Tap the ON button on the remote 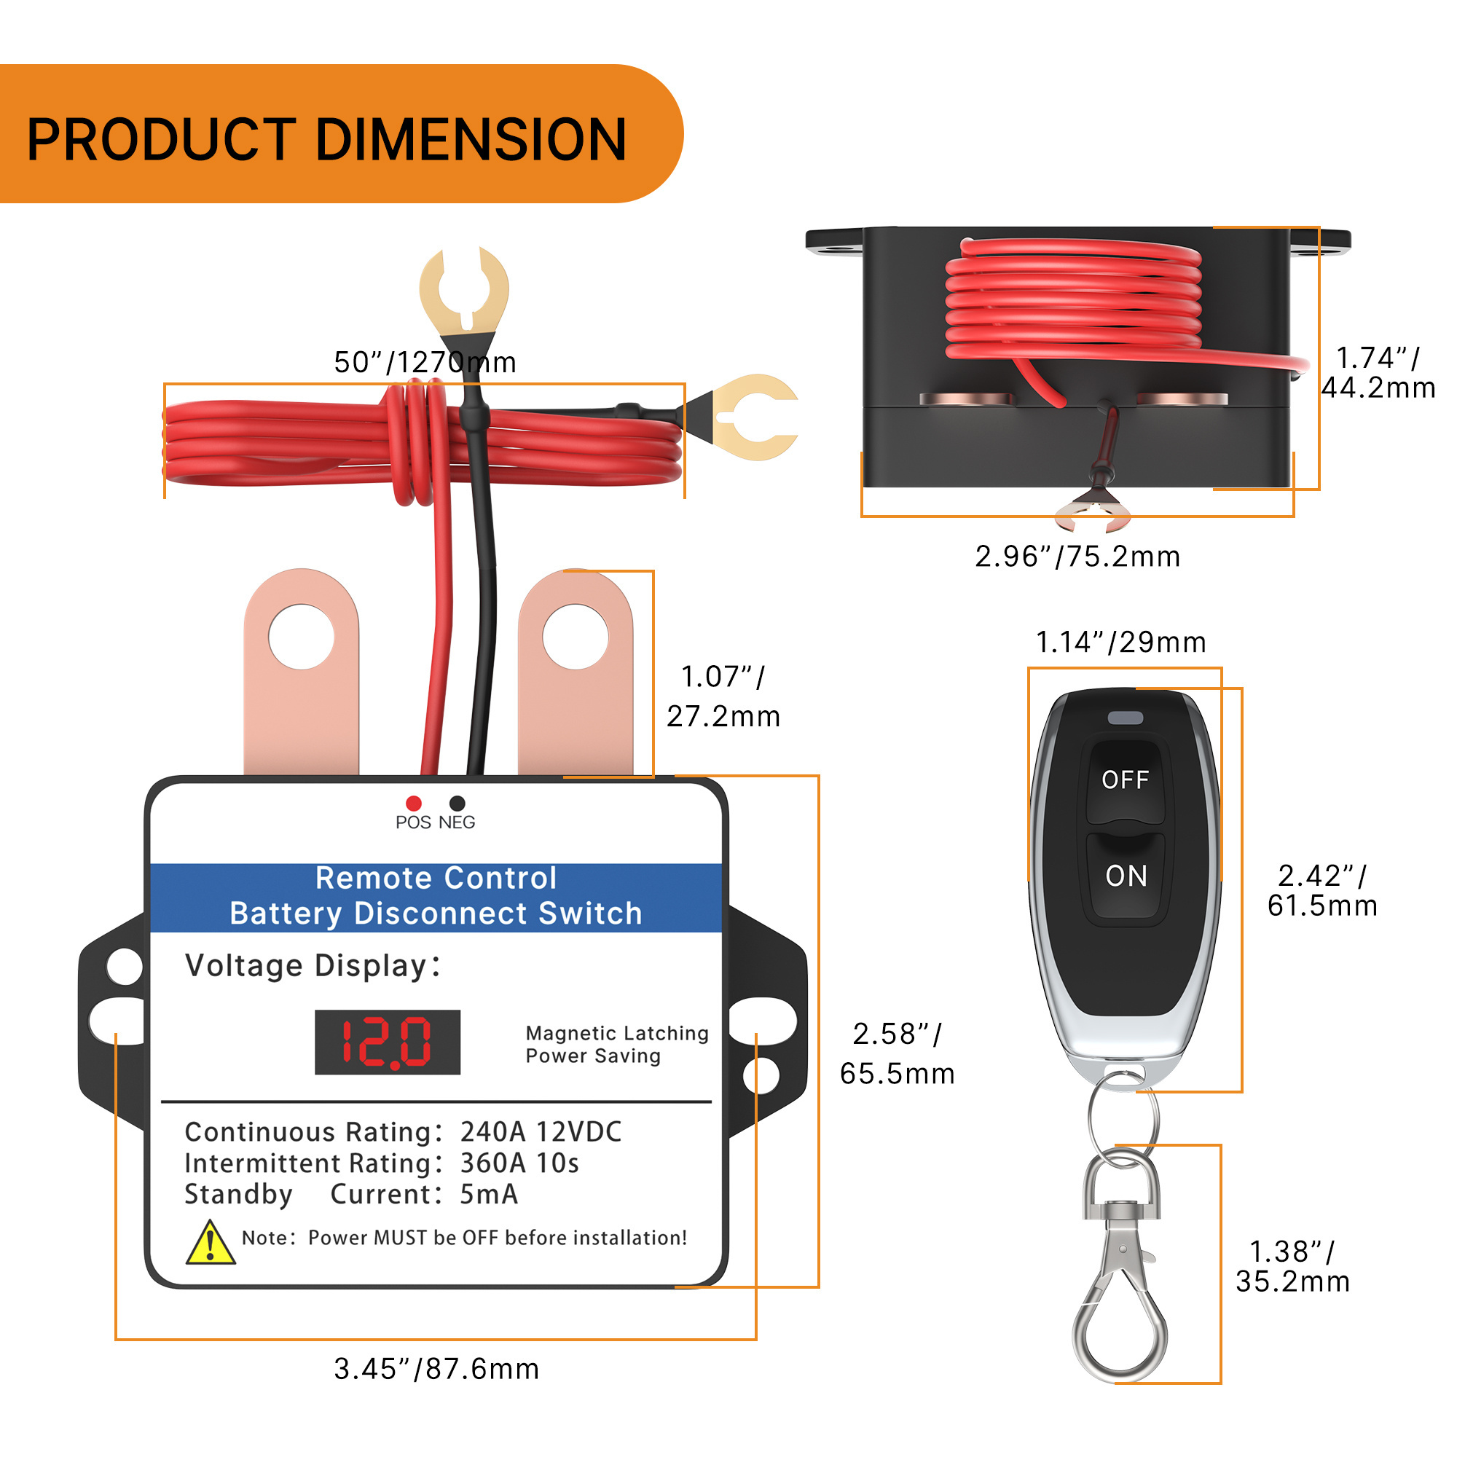click(1126, 877)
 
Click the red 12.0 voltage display click(387, 1042)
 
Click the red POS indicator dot click(413, 803)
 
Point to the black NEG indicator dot click(457, 803)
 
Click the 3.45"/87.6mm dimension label click(436, 1369)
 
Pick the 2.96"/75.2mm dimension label click(1077, 557)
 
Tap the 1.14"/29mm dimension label click(1120, 643)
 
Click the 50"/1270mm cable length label click(425, 363)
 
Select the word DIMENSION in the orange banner click(471, 141)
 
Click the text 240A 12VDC click(541, 1133)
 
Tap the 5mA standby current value click(489, 1195)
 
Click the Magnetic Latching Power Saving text click(616, 1045)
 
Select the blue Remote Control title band click(436, 897)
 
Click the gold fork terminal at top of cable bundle click(465, 291)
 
